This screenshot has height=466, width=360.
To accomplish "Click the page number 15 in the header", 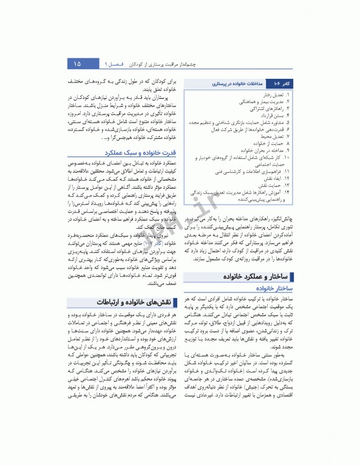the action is (77, 64).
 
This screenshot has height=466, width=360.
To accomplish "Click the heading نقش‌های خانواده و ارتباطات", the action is (127, 302).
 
